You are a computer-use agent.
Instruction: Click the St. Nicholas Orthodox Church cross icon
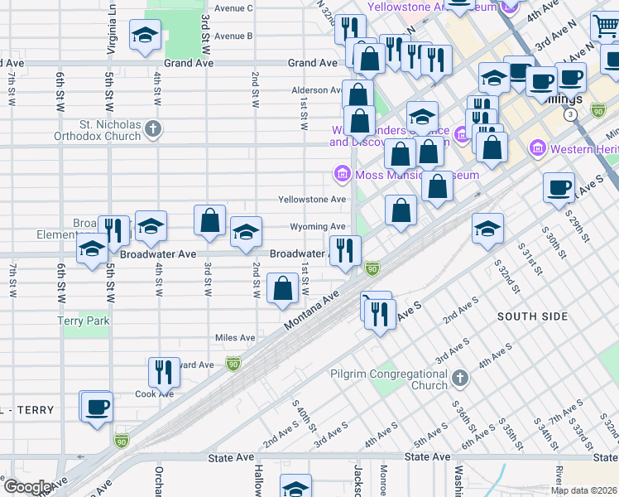coord(152,128)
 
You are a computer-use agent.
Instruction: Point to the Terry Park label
coord(83,321)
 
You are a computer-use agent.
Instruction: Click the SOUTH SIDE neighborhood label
coord(532,316)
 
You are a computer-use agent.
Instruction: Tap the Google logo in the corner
coord(26,486)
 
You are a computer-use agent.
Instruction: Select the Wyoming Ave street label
coord(317,227)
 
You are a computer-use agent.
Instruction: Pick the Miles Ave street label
coord(235,338)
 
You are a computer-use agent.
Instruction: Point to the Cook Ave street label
coord(155,394)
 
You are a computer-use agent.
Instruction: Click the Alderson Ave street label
coord(316,90)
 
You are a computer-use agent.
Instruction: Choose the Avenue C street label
coord(233,8)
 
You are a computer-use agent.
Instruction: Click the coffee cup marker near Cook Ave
coord(97,406)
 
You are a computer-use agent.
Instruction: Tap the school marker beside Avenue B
coord(145,35)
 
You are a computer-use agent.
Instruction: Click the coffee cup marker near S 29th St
coord(559,187)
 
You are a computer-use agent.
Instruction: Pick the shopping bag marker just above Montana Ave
coord(283,289)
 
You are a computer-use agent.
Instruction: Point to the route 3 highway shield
coord(570,115)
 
